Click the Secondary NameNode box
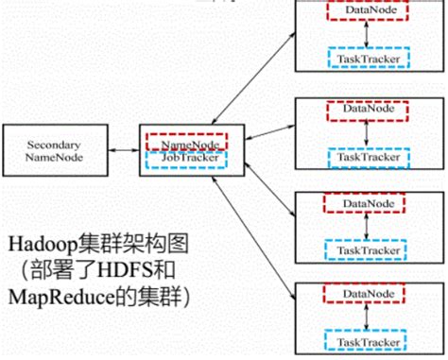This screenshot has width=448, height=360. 53,151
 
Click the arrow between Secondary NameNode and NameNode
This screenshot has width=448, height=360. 122,150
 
